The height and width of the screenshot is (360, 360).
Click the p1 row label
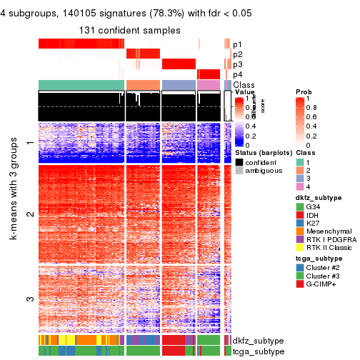pyautogui.click(x=237, y=44)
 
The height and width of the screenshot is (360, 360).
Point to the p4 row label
pyautogui.click(x=237, y=74)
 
